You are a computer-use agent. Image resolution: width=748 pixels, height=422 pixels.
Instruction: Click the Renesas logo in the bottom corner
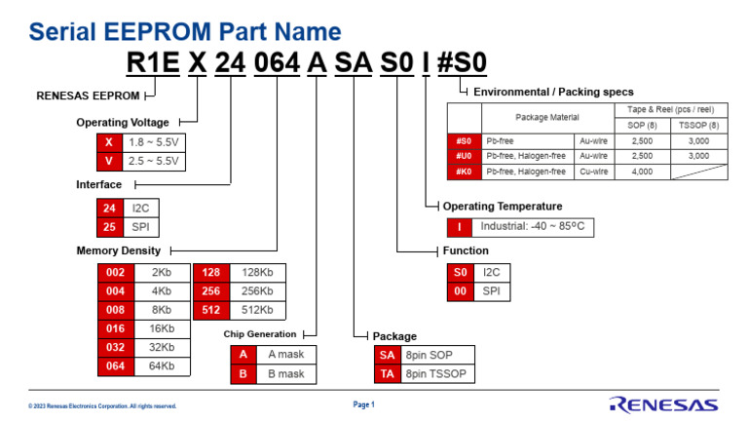[664, 403]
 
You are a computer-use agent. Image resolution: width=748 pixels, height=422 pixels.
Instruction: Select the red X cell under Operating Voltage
[108, 141]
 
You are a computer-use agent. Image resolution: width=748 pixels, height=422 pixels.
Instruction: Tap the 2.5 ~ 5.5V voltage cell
[155, 161]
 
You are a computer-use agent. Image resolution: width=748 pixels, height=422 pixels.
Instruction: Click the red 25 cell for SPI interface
[110, 227]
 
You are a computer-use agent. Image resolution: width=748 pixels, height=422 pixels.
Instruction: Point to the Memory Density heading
[118, 250]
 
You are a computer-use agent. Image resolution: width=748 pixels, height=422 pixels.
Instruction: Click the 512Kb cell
[257, 311]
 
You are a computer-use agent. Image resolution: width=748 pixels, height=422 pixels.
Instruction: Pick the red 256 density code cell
[209, 291]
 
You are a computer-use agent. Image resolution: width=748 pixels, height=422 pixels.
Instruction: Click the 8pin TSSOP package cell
[437, 373]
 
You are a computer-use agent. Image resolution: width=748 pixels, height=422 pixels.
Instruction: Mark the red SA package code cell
[387, 355]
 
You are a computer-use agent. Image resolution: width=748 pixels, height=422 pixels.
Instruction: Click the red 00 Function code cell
[461, 291]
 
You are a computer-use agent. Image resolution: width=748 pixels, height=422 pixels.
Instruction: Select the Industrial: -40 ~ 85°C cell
[535, 227]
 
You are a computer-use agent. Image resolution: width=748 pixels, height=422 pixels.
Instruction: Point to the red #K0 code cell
[464, 172]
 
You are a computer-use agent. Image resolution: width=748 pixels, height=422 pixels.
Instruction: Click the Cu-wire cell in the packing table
[594, 172]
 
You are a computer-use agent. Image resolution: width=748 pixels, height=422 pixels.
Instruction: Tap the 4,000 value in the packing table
[643, 172]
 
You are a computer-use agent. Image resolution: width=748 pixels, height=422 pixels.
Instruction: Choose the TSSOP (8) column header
[698, 125]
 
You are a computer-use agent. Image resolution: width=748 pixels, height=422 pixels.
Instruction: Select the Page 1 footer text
[363, 403]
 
